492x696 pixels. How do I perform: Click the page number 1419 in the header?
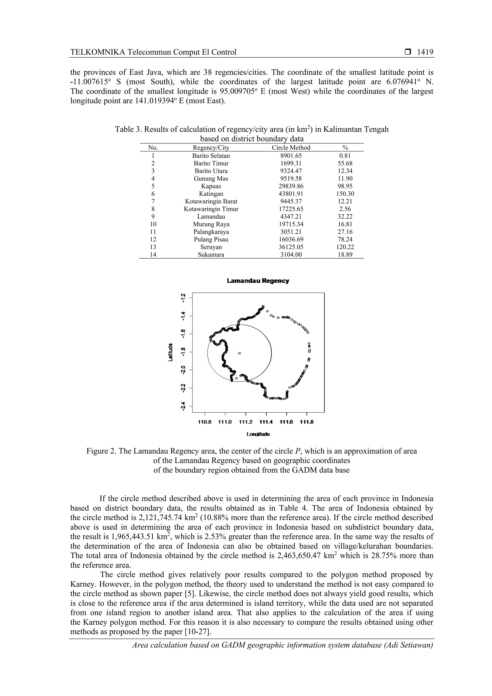pyautogui.click(x=425, y=52)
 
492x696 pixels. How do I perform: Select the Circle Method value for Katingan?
pyautogui.click(x=291, y=194)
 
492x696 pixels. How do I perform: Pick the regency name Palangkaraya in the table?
pyautogui.click(x=211, y=232)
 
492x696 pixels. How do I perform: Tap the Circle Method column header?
pyautogui.click(x=291, y=148)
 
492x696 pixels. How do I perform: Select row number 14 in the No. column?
pyautogui.click(x=153, y=255)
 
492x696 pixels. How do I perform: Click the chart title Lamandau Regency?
pyautogui.click(x=258, y=281)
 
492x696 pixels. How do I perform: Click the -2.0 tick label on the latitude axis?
pyautogui.click(x=183, y=370)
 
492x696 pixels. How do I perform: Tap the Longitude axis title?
pyautogui.click(x=258, y=434)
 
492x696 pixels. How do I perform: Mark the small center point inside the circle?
pyautogui.click(x=239, y=353)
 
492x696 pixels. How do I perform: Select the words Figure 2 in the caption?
pyautogui.click(x=101, y=451)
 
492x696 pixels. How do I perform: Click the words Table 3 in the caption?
pyautogui.click(x=128, y=130)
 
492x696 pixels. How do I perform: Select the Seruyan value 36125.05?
pyautogui.click(x=291, y=247)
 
